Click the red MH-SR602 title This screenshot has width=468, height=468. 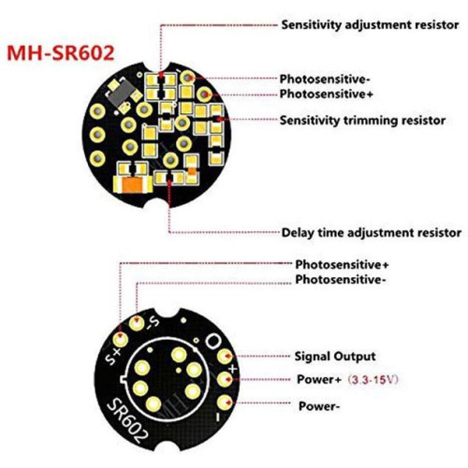pos(61,53)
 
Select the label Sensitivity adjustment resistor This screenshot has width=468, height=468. pos(370,25)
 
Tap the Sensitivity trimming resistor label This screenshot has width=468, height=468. pos(362,120)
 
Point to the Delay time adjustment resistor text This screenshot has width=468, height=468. pos(372,232)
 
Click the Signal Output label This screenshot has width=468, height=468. pos(335,357)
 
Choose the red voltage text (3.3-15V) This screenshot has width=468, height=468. pos(373,380)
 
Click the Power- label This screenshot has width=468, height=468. pos(319,406)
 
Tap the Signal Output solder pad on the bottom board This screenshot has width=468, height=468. pos(225,356)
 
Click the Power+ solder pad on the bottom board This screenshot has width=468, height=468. pos(225,379)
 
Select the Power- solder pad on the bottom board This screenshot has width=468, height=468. pos(225,402)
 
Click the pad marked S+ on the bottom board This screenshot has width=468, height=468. pos(121,339)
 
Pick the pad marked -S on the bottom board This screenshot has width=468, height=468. pos(137,323)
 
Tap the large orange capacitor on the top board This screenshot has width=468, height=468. pos(133,185)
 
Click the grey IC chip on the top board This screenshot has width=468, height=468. pos(122,93)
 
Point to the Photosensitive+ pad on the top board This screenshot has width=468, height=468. pos(204,94)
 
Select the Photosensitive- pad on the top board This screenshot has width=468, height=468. pos(187,78)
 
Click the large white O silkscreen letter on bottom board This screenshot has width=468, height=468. pos(212,341)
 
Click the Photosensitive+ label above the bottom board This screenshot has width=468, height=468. pos(342,265)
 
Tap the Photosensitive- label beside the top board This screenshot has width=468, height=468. pos(325,80)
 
